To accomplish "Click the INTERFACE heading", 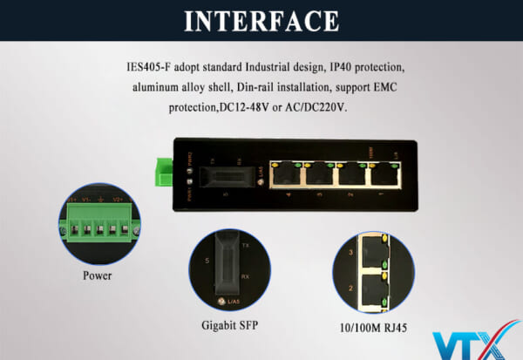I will point(261,20).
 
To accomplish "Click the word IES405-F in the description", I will point(149,67).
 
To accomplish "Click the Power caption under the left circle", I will point(97,276).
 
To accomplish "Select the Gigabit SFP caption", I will point(230,325).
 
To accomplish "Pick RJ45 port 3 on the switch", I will point(320,174).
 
